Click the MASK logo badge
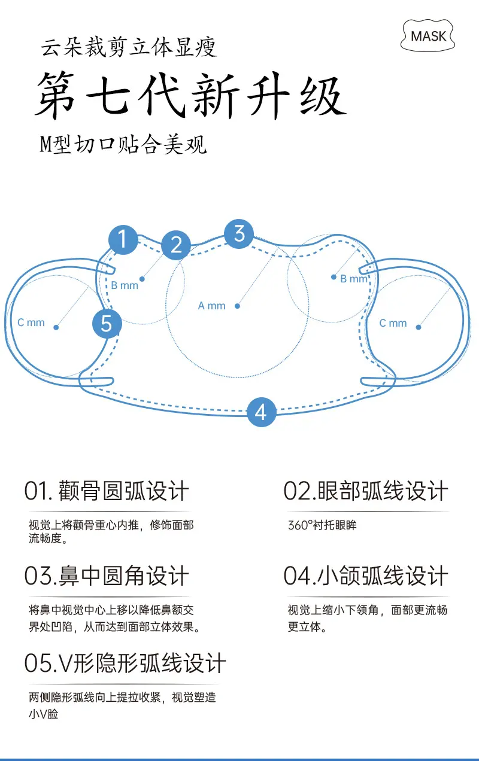coord(428,36)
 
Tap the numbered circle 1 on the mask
coord(123,239)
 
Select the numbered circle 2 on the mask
coord(176,245)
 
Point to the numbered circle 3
coord(239,234)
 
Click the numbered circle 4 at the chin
coord(261,412)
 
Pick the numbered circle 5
coord(107,323)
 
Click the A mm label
coord(211,306)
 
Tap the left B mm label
coord(125,285)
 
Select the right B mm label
coord(354,279)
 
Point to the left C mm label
coord(31,322)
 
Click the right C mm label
coord(393,322)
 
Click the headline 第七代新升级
coord(191,96)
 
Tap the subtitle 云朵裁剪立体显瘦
coord(129,47)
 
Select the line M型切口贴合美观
coord(123,144)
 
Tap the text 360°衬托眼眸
coord(322,525)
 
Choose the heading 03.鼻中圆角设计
coord(107,576)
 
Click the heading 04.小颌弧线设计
coord(366,576)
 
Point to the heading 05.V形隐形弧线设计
coord(125,663)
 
